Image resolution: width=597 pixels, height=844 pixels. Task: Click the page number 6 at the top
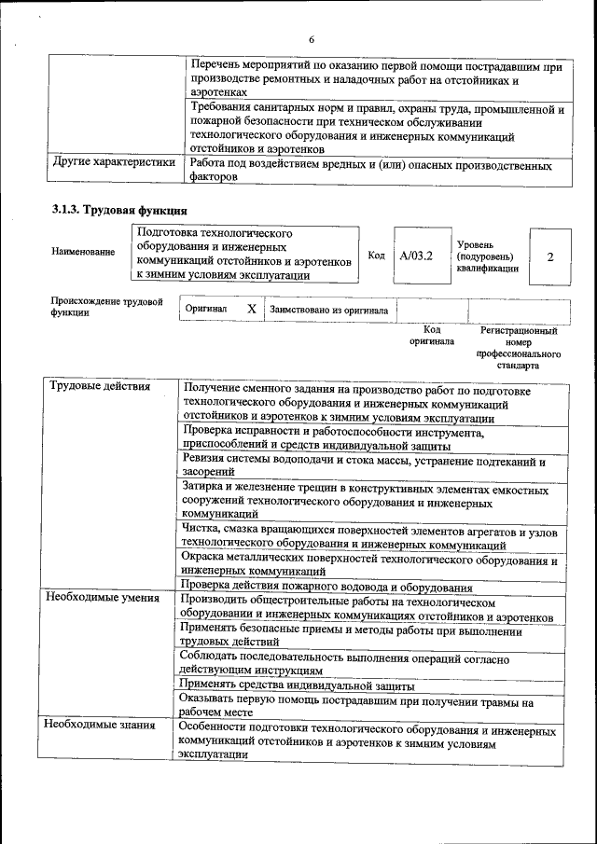pos(312,38)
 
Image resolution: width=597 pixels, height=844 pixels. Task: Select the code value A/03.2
pos(416,254)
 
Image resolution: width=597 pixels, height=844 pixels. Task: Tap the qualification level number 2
pos(549,255)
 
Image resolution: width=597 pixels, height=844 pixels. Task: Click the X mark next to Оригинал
pos(251,308)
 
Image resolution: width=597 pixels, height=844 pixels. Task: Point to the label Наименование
pos(84,252)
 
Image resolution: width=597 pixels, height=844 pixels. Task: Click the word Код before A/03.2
pos(376,255)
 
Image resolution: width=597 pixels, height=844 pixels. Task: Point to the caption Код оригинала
pos(431,336)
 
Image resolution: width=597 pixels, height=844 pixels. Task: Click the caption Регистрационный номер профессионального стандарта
pos(518,348)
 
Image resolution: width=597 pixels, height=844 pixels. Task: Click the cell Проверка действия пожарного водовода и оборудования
pos(326,588)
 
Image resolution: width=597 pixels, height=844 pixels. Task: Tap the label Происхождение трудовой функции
pos(106,307)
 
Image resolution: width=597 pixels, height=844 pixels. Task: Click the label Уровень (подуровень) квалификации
pos(487,256)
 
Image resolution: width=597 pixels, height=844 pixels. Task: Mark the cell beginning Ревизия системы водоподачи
pos(364,466)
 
